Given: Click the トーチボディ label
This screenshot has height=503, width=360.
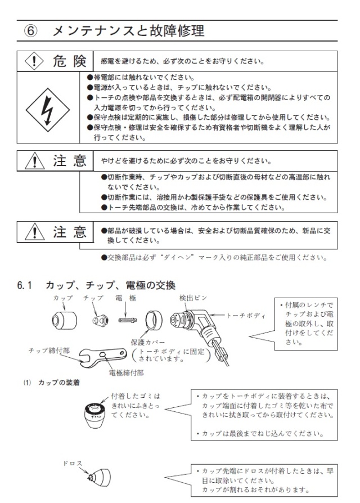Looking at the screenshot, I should coord(246,316).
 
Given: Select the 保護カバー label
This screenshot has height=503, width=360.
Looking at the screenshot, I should coord(163,341).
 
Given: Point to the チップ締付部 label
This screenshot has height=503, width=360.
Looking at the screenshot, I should coord(50,349).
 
